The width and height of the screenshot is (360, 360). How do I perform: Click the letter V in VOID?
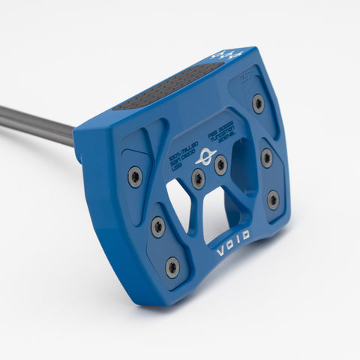pos(220,253)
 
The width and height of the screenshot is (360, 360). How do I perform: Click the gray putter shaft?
pos(37,124)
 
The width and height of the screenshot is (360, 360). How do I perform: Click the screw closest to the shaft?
pos(135,177)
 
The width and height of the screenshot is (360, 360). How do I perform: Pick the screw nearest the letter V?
pos(172,266)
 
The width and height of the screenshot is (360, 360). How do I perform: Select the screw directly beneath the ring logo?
pos(198,178)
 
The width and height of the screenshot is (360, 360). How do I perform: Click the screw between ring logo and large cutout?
pos(220,165)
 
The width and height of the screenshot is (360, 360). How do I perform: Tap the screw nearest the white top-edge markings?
pos(258,103)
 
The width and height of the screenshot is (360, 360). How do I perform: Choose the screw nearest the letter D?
pos(273,200)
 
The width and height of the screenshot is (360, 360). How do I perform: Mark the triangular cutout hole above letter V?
pos(178,203)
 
